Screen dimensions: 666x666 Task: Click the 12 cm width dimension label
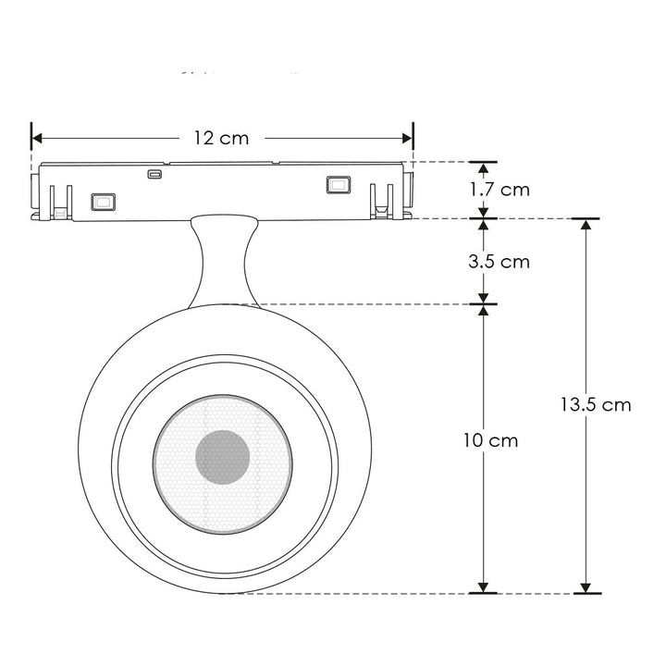221,138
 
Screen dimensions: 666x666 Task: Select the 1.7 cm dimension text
499,190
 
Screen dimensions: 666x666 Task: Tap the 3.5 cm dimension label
499,262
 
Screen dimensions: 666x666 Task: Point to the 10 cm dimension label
490,440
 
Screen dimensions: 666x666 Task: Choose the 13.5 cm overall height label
596,405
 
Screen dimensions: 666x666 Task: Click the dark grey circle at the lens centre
222,457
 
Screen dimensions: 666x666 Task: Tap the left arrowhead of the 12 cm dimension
37,138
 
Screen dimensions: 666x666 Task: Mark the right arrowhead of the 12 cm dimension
407,138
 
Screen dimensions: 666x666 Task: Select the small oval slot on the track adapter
154,174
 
